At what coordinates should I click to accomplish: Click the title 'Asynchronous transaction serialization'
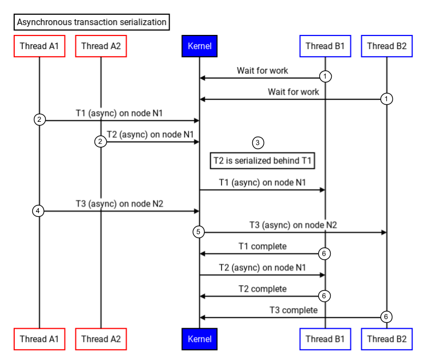[x=92, y=22]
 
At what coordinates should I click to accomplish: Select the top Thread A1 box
[x=39, y=46]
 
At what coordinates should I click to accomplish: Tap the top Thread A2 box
[x=101, y=46]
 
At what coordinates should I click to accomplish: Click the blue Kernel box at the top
[x=199, y=46]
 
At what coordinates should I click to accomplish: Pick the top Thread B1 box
[x=325, y=46]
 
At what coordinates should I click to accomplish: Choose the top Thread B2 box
[x=386, y=46]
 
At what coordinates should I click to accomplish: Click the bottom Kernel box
[x=199, y=339]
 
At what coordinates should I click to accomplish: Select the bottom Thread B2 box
[x=386, y=339]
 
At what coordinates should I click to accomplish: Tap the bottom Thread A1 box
[x=39, y=339]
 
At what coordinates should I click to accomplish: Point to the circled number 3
[x=258, y=143]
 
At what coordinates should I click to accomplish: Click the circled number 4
[x=38, y=211]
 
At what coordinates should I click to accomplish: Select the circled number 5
[x=199, y=232]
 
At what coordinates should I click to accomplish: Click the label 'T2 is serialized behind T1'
[x=263, y=161]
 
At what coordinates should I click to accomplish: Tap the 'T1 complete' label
[x=263, y=247]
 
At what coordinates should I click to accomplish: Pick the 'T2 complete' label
[x=263, y=289]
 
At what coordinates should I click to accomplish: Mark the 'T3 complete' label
[x=293, y=310]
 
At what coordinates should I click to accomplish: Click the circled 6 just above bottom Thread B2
[x=386, y=317]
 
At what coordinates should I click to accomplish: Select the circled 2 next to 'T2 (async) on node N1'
[x=100, y=141]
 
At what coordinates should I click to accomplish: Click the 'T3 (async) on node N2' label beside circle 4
[x=120, y=204]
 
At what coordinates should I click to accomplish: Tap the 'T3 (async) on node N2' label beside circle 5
[x=293, y=225]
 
